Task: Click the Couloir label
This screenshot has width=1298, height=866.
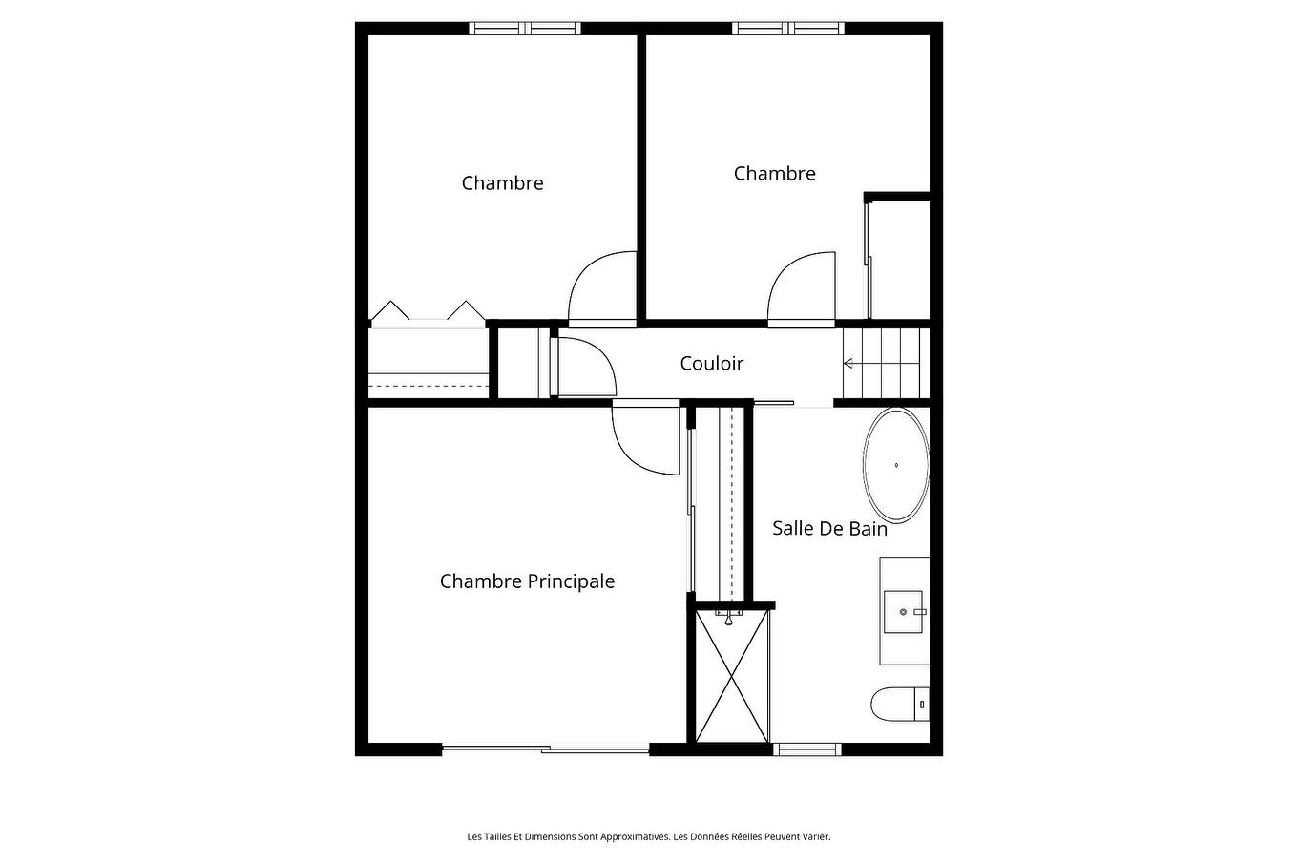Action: [711, 364]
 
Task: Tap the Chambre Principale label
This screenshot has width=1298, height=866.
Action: [527, 581]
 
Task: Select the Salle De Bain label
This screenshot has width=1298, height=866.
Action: [829, 528]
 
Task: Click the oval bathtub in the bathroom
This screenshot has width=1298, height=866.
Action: [896, 465]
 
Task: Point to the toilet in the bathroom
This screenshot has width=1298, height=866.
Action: [901, 705]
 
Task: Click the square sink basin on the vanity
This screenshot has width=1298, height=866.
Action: [903, 612]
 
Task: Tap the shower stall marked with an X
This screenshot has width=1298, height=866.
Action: [732, 676]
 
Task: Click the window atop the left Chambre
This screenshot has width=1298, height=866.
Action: [524, 29]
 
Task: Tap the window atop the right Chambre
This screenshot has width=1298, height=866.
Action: [788, 29]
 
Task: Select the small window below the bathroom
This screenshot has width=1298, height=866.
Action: [807, 750]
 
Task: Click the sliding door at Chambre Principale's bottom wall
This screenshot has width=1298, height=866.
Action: [545, 750]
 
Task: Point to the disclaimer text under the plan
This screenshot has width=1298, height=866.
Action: [649, 836]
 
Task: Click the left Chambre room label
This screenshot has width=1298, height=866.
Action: [502, 183]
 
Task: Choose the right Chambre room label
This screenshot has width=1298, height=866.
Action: [775, 174]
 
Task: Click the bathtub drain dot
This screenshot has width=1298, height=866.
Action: [896, 465]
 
